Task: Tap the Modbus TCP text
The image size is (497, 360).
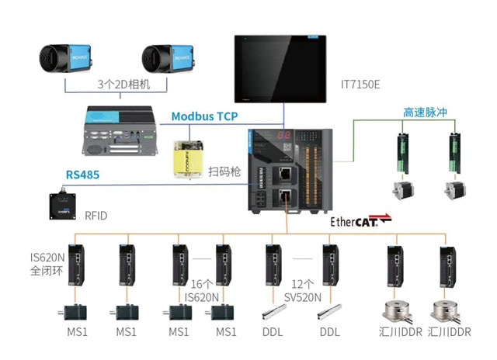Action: (x=205, y=116)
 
